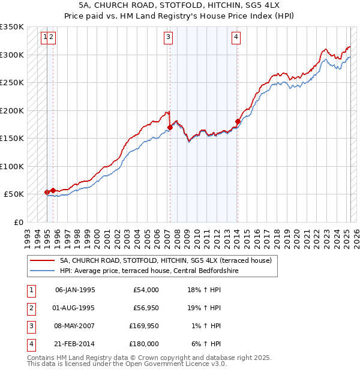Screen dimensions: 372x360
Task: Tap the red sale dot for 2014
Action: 238,121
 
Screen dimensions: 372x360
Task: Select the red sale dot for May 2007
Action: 170,127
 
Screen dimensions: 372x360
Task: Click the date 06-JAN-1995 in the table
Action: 75,290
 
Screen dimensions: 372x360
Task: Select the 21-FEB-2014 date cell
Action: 75,344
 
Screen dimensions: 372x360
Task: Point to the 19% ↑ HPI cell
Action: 205,308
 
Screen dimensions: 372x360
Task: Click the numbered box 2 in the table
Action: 31,308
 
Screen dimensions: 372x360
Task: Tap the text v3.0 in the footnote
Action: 217,364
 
